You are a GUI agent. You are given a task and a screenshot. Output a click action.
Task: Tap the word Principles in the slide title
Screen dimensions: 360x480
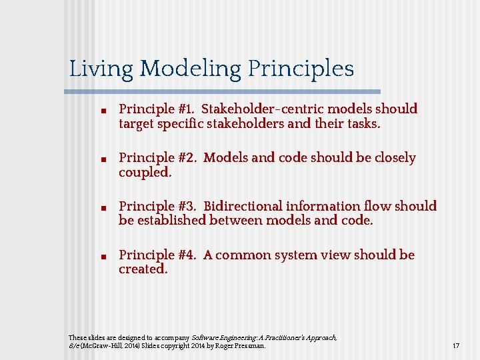301,69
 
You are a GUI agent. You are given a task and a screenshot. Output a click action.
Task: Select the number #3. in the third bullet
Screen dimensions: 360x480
187,206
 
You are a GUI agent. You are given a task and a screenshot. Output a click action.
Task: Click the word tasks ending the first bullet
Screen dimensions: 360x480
363,123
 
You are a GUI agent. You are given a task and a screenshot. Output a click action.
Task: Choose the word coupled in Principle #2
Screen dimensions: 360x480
144,172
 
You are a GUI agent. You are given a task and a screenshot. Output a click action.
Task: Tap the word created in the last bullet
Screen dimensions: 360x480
142,269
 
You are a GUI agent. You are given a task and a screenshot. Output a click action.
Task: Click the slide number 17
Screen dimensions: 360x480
456,346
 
